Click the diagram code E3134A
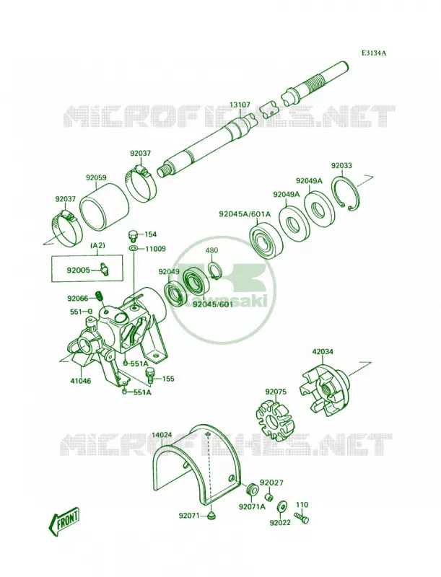coord(373,53)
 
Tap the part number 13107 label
coord(240,105)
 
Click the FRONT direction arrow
coord(64,522)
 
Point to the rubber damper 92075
coord(272,420)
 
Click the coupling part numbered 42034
coord(324,388)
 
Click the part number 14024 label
coord(162,435)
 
